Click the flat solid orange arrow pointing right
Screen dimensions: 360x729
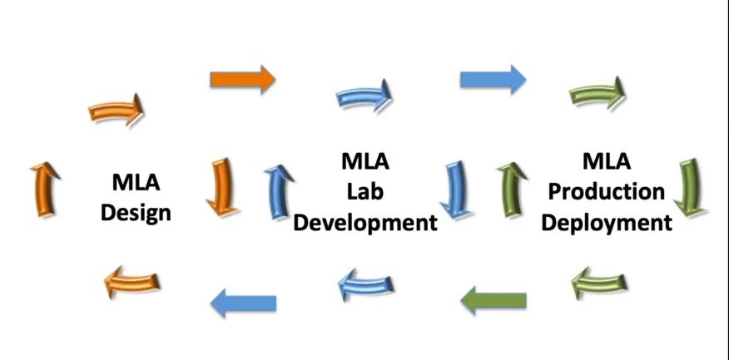click(x=242, y=79)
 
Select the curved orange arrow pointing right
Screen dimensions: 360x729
click(x=116, y=111)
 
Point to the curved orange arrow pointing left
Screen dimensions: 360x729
click(x=131, y=284)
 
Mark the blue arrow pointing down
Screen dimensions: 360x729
click(x=454, y=189)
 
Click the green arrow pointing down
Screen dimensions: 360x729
click(x=689, y=186)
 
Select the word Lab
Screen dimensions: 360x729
click(x=365, y=190)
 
